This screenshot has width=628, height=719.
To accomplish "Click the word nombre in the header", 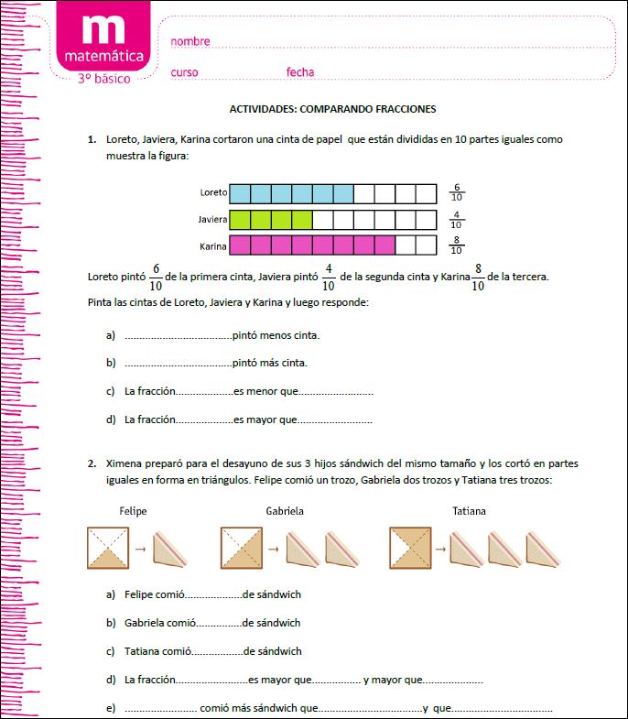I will pyautogui.click(x=190, y=41).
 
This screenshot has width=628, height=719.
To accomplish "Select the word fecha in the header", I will pyautogui.click(x=300, y=71).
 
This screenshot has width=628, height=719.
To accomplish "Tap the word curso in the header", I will pyautogui.click(x=184, y=71).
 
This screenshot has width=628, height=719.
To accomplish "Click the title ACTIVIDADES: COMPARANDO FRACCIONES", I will pyautogui.click(x=332, y=108).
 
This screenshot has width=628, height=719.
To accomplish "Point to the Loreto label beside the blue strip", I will pyautogui.click(x=213, y=193).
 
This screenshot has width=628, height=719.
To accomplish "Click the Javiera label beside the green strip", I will pyautogui.click(x=212, y=220).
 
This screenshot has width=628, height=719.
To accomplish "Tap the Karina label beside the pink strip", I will pyautogui.click(x=213, y=246).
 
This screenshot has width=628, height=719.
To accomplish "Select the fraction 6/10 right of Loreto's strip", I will pyautogui.click(x=456, y=192).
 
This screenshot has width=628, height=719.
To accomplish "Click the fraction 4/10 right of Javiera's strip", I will pyautogui.click(x=456, y=219).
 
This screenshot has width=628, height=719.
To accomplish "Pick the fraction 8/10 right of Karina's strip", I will pyautogui.click(x=456, y=245).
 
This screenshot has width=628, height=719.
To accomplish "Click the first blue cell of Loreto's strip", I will pyautogui.click(x=240, y=193).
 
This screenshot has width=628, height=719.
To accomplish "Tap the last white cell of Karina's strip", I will pyautogui.click(x=427, y=245).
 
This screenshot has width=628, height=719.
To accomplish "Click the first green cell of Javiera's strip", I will pyautogui.click(x=240, y=220).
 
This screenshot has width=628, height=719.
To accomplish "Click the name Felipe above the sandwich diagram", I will pyautogui.click(x=133, y=510).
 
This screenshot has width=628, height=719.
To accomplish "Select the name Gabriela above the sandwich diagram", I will pyautogui.click(x=285, y=510).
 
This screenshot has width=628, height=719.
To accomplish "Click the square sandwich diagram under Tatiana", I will pyautogui.click(x=410, y=548).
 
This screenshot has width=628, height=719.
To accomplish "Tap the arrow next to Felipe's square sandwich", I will pyautogui.click(x=141, y=549).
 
